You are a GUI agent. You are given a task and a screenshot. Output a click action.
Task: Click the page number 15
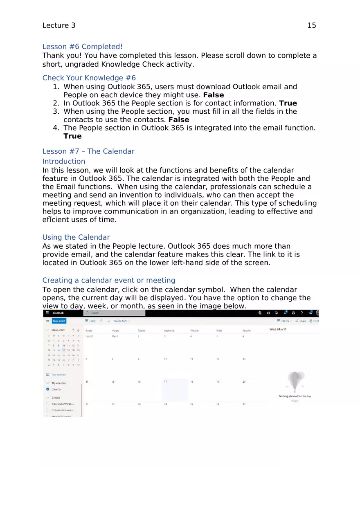pos(311,25)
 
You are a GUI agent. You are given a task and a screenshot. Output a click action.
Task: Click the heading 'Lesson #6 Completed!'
pos(82,47)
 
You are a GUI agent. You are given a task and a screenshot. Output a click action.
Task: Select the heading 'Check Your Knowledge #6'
pos(89,78)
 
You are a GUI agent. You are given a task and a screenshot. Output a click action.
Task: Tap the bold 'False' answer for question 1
pos(214,95)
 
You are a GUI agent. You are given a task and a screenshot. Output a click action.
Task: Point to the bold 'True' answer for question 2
pos(288,103)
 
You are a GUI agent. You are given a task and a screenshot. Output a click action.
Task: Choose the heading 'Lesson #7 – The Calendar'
pos(88,151)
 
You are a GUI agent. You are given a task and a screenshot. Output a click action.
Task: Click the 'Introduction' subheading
pos(64,161)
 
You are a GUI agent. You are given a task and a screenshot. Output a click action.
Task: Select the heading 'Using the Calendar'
pos(76,237)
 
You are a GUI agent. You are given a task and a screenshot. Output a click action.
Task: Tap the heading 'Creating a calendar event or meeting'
pos(109,280)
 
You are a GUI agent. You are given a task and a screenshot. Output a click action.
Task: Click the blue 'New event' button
pos(59,321)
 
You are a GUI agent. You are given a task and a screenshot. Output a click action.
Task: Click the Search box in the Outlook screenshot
pos(115,313)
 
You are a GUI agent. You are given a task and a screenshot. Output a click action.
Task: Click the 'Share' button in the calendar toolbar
pos(301,321)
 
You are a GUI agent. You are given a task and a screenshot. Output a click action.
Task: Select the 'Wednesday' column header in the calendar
pos(169,330)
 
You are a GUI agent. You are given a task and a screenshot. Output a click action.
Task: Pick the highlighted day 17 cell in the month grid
pos(175,390)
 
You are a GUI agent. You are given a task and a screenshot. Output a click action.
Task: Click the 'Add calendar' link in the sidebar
pos(59,375)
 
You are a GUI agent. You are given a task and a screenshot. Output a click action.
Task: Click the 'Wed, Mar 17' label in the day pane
pos(278,329)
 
